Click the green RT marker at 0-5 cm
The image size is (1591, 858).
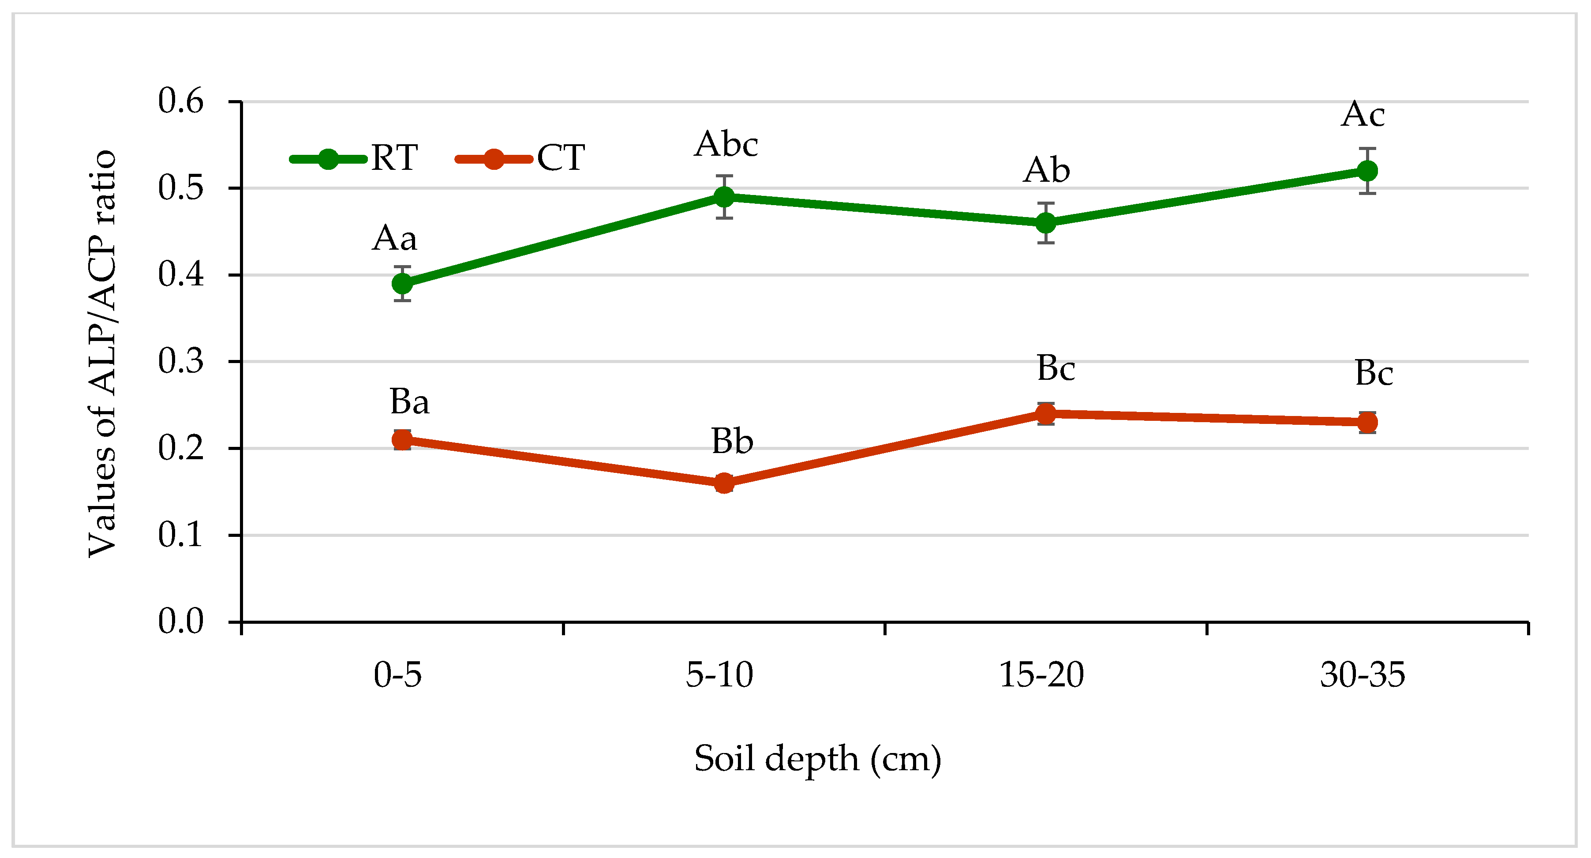point(402,284)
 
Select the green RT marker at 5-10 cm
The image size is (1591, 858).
point(724,197)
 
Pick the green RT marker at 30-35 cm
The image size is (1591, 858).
point(1367,170)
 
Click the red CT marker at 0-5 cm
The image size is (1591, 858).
point(402,440)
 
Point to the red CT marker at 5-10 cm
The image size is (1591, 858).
point(724,483)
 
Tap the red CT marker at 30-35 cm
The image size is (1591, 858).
point(1367,423)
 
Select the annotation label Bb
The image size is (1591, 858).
point(732,441)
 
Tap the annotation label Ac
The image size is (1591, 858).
point(1363,114)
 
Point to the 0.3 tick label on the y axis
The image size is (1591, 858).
point(180,361)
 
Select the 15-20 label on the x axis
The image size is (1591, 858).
point(1041,674)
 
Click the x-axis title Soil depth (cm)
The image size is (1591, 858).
point(817,759)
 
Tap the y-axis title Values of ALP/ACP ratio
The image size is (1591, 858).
point(102,353)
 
